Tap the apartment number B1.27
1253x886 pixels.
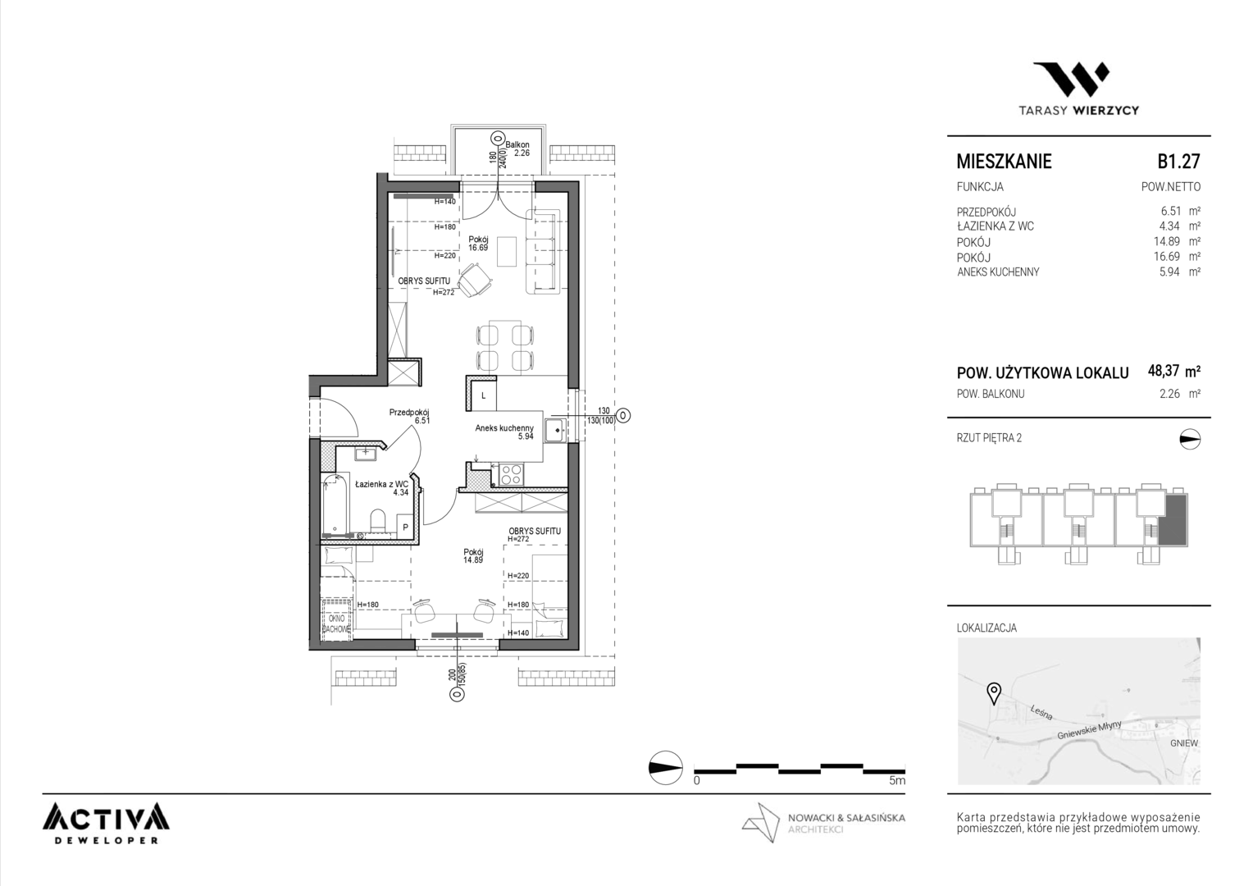coord(1178,162)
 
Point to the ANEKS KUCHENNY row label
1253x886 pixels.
coord(998,272)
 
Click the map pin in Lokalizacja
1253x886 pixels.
coord(993,693)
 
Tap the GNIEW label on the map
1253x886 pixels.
coord(1183,743)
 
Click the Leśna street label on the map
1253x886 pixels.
coord(1041,712)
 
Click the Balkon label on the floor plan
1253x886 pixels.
coord(517,144)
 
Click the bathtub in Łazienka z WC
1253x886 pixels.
coord(335,504)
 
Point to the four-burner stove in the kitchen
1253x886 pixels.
coord(511,475)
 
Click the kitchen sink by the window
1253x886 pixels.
coord(555,430)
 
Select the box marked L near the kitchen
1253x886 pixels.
coord(483,396)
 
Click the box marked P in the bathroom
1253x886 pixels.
coord(404,527)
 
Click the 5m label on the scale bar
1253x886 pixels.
coord(896,780)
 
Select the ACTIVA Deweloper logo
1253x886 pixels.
coord(106,824)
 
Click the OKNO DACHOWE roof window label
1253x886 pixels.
coord(337,623)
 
